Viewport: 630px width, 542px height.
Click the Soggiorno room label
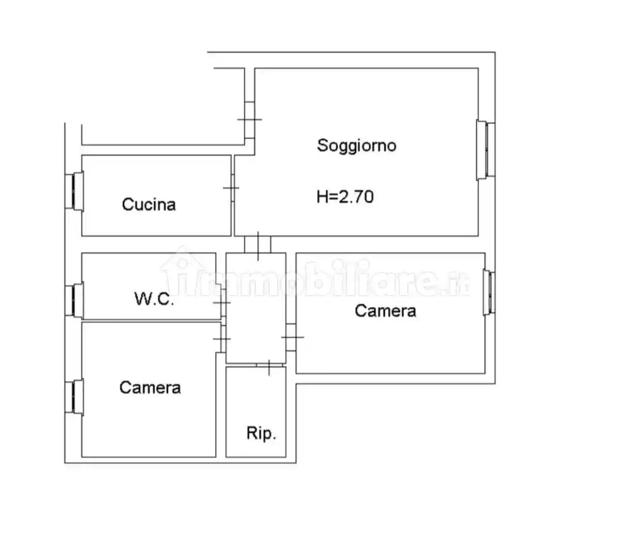356,146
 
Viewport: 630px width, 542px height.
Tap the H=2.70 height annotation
345,197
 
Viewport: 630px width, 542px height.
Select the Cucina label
149,204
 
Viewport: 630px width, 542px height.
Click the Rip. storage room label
261,433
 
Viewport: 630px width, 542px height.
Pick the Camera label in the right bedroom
385,311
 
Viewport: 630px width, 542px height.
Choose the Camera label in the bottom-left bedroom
150,388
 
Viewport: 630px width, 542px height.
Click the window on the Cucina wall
74,192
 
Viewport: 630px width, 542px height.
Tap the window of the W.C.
74,300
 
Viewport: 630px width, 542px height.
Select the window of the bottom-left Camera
74,397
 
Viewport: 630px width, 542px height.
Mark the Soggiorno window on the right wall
486,150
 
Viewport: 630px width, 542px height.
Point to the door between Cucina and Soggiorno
232,188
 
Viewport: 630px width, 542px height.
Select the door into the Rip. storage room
269,366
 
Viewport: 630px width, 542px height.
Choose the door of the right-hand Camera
292,337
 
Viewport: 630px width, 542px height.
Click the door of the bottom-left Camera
223,339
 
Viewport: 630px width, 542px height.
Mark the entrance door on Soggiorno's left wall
249,120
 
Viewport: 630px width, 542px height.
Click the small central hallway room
256,308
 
